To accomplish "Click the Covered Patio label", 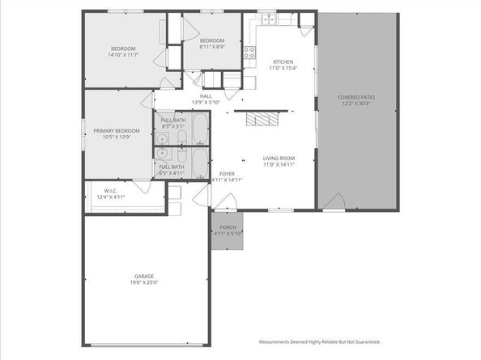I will pos(356,97).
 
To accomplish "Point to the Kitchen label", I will pos(283,61).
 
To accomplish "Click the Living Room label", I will pos(279,158).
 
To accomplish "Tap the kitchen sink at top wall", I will pos(268,19).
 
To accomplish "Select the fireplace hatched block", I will pos(262,121).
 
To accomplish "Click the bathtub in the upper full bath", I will pos(199,128).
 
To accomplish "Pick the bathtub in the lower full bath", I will pos(199,159).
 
